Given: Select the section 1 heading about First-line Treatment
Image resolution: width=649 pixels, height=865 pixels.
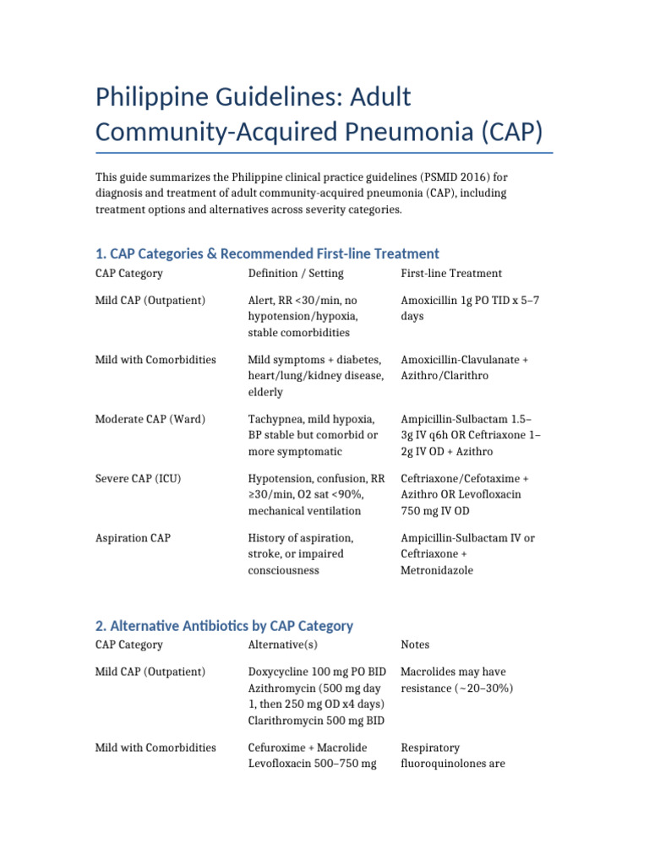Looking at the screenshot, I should (x=267, y=253).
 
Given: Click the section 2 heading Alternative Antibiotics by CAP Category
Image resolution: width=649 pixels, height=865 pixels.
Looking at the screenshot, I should (x=224, y=626).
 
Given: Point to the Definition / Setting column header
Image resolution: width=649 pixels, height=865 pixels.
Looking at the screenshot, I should (x=296, y=274).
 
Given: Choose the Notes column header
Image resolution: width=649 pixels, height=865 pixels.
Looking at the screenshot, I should (x=415, y=645).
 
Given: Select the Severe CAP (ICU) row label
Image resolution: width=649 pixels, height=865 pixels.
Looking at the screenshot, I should (x=138, y=479).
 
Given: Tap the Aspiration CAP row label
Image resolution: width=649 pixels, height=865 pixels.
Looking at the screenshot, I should (x=133, y=538).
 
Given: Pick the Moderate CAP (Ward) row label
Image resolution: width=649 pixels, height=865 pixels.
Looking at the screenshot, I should (x=150, y=419).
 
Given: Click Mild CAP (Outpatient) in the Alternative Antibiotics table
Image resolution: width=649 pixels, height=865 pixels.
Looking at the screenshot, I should (x=150, y=672).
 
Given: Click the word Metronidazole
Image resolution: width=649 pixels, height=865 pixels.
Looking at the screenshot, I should (x=437, y=570).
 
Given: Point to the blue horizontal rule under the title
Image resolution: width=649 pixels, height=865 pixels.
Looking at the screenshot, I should (x=324, y=153).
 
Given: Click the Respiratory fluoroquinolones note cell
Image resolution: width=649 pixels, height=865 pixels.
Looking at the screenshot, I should (x=451, y=755).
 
